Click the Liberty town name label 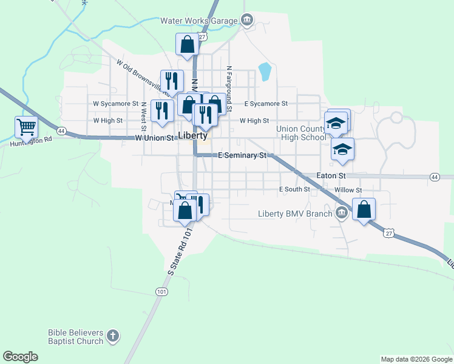[193, 135]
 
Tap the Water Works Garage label [198, 20]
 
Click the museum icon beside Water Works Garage [246, 20]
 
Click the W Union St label [155, 138]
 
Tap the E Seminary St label [242, 156]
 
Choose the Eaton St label [331, 176]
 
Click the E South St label [294, 189]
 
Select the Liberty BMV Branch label [295, 213]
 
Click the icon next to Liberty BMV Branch [342, 212]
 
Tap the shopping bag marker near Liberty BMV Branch [364, 209]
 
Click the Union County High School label [301, 133]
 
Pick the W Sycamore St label [115, 104]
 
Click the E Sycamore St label [266, 104]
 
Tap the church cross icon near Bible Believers [112, 335]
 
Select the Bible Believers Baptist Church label [75, 337]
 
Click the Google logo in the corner [20, 356]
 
